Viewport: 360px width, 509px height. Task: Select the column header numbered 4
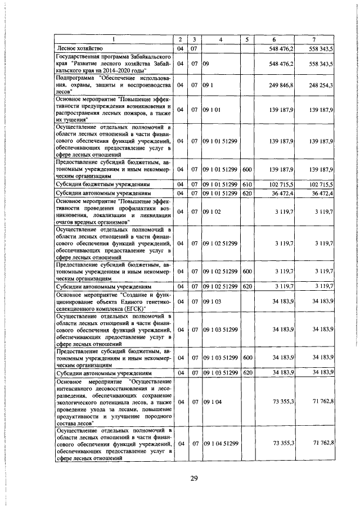tap(221, 39)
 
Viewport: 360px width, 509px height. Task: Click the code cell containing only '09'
tap(206, 64)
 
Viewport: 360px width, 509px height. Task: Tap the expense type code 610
tap(246, 184)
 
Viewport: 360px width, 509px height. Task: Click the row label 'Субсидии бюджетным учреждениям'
tap(102, 184)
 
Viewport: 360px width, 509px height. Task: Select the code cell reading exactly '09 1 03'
tap(213, 301)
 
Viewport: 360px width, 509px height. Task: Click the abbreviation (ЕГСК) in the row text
tap(134, 309)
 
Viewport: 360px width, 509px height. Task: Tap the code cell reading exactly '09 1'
tap(209, 85)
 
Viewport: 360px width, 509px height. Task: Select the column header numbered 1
tap(114, 39)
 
